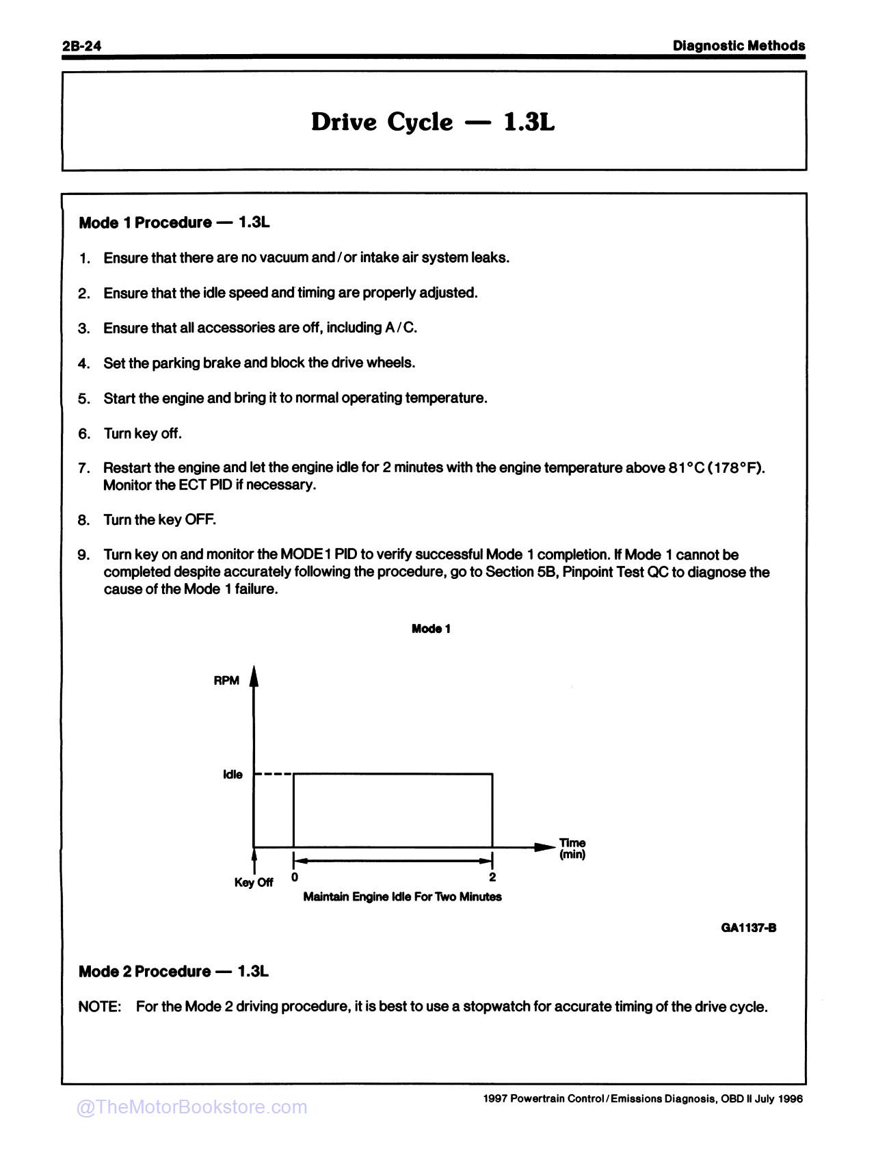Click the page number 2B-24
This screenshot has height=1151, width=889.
click(81, 46)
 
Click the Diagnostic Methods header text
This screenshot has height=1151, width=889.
click(739, 46)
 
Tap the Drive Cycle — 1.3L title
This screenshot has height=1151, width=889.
click(433, 122)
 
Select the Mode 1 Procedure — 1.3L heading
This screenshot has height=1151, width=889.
click(174, 222)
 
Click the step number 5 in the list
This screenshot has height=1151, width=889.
click(83, 399)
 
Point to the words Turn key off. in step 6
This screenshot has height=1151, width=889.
click(142, 434)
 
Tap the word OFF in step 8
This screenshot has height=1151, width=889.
click(200, 520)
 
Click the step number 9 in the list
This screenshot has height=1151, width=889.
click(83, 555)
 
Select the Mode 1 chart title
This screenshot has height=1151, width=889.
click(431, 629)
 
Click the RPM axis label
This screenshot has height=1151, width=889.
click(226, 681)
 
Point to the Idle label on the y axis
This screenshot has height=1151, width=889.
click(233, 775)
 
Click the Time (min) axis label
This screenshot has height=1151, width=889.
click(572, 849)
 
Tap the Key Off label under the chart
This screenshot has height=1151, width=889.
click(253, 883)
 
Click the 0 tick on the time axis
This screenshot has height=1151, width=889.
click(294, 877)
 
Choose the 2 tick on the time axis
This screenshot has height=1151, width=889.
click(492, 877)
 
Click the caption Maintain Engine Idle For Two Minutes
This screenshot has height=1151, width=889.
click(402, 896)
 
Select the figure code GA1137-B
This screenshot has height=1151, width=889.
click(748, 928)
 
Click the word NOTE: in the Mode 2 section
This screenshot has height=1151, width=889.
click(100, 1007)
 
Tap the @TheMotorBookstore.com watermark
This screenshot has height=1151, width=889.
click(191, 1107)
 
